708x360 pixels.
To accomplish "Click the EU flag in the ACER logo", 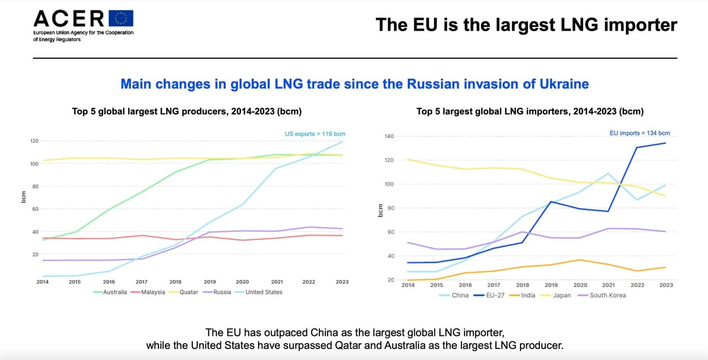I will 121,19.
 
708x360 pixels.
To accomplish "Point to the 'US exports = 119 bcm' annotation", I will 315,134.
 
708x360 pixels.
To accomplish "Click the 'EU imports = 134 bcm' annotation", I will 640,133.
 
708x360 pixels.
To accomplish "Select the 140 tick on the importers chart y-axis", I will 390,136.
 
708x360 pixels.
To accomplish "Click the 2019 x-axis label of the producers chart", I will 209,282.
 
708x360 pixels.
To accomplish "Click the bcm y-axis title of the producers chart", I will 24,197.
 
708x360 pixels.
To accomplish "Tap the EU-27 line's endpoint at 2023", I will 666,143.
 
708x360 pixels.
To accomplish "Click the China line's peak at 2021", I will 608,174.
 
